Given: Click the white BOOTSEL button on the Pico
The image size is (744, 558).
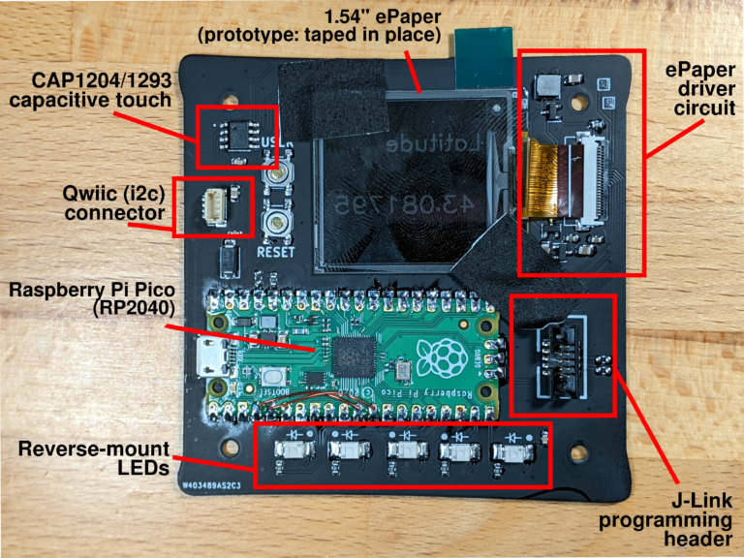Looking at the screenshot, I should pyautogui.click(x=275, y=377).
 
